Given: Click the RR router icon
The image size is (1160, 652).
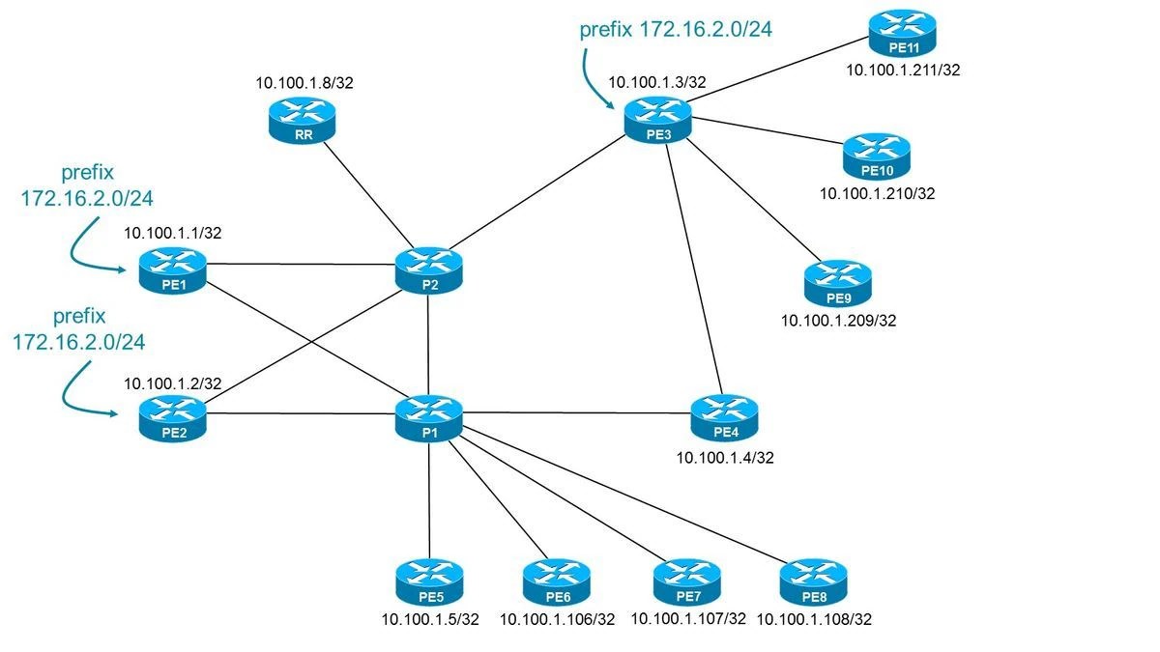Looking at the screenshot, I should (x=300, y=122).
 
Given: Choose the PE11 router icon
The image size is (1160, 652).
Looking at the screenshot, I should (x=901, y=34).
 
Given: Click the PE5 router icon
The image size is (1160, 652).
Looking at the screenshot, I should (x=428, y=582).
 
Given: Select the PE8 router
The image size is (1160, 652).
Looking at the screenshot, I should (x=813, y=582).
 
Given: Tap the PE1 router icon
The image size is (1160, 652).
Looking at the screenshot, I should (x=172, y=269).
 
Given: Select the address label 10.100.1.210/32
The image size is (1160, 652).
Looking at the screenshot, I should (x=877, y=193).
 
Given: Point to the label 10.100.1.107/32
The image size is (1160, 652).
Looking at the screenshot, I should (x=688, y=618).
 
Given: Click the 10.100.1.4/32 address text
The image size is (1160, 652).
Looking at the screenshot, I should (x=725, y=457).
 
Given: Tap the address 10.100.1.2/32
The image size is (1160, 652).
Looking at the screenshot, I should (x=172, y=383).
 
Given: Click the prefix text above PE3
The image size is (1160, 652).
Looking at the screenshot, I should (x=676, y=30).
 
